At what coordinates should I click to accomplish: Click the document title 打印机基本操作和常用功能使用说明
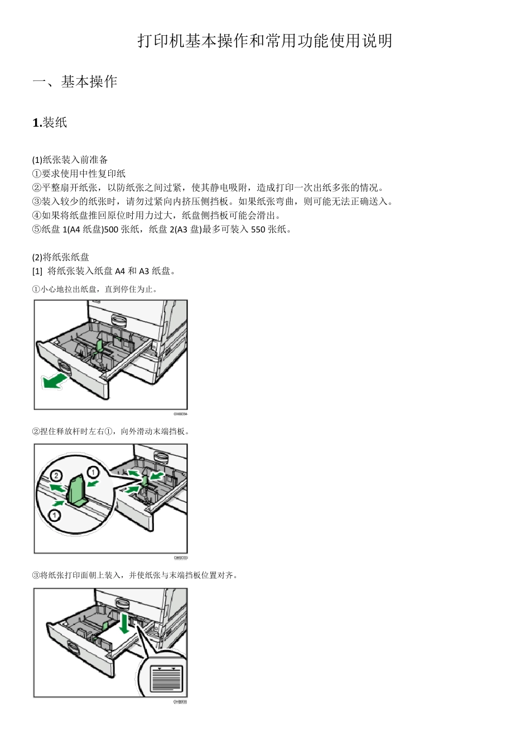[265, 41]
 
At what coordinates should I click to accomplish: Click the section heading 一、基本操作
[75, 82]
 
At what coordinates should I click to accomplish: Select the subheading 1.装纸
[50, 123]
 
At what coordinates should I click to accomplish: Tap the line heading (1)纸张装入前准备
[70, 160]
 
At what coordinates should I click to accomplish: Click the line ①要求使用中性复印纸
[79, 174]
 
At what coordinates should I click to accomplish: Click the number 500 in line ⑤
[112, 229]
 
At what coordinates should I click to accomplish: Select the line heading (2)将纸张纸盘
[60, 257]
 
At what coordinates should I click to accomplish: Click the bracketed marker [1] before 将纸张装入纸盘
[37, 271]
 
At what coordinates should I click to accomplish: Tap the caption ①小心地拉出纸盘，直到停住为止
[95, 289]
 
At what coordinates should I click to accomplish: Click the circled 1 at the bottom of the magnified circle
[54, 515]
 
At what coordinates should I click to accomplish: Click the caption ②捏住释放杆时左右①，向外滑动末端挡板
[112, 431]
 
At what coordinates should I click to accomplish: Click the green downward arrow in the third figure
[123, 623]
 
